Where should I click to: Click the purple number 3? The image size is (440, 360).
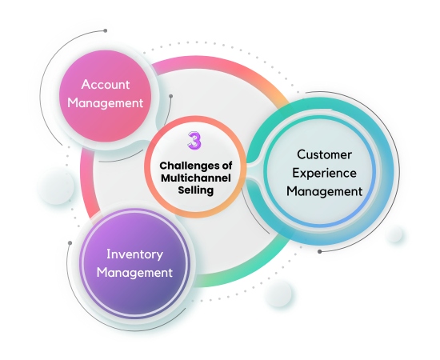[194, 141]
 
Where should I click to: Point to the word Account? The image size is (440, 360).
[106, 83]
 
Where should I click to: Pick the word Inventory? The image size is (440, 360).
[134, 254]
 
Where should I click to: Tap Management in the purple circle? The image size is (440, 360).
[134, 273]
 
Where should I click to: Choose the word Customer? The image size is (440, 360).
[324, 154]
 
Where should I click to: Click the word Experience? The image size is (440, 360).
[324, 173]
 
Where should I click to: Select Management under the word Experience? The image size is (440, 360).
[324, 191]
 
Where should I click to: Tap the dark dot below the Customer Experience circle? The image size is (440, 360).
[320, 251]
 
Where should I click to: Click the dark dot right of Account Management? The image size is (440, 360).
[170, 96]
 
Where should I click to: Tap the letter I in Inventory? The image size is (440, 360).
[109, 254]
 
